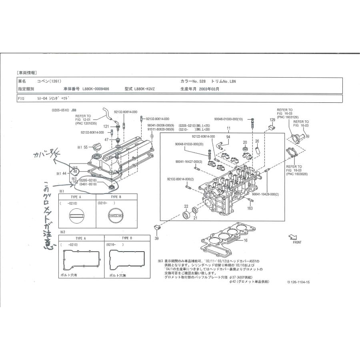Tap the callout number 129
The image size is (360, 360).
pos(272,120)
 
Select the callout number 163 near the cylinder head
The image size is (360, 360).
pos(250,208)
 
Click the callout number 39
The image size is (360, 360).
pos(157,238)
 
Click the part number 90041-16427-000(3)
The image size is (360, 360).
pos(188,162)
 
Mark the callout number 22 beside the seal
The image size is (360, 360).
pos(186,206)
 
